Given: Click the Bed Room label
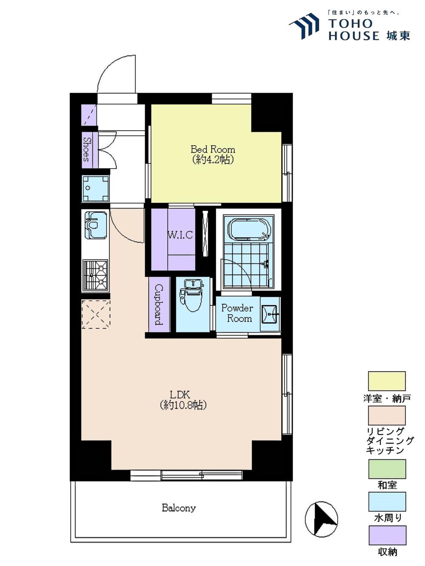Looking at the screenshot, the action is (213, 149).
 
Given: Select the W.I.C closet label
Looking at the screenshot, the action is (180, 235).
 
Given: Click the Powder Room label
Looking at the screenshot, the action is (237, 313).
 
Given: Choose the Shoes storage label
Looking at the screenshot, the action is (87, 149).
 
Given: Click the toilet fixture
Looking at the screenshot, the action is (193, 296).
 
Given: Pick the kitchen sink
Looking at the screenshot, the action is (96, 225).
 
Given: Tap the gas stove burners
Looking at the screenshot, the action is (95, 276).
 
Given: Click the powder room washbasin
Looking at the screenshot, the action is (269, 314).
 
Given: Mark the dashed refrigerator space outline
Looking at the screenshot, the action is (96, 314).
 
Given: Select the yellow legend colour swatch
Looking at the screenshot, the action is (387, 381).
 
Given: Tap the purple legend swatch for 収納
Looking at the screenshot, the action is (387, 535).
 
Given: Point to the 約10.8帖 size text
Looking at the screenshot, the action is (183, 405).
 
